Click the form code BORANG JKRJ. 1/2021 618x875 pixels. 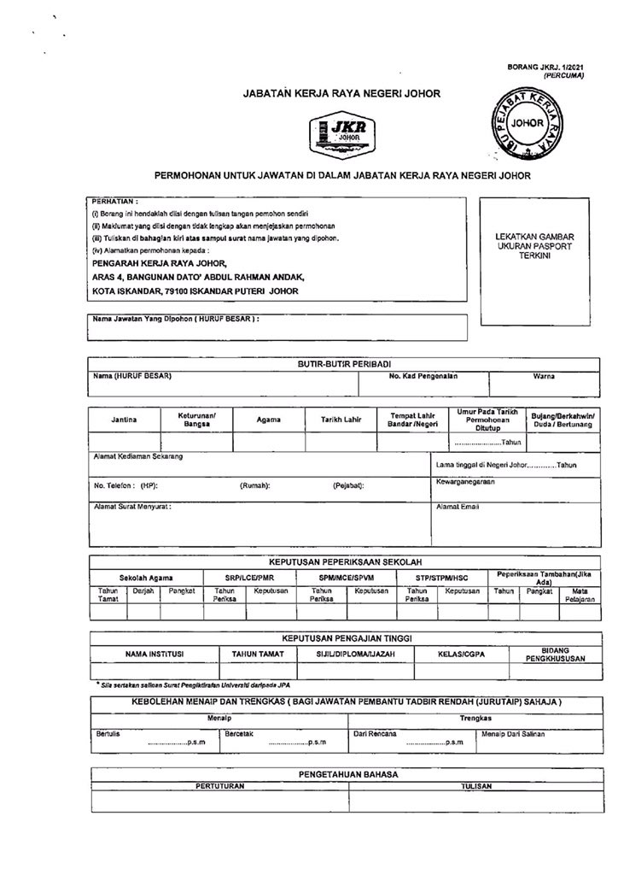point(545,66)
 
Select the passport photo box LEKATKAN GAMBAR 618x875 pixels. point(534,246)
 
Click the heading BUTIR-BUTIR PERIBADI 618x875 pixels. point(344,363)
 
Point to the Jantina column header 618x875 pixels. point(124,420)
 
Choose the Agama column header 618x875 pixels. point(268,420)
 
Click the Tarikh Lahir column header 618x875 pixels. point(341,420)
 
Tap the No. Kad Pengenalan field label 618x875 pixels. point(423,376)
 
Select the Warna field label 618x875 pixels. point(544,376)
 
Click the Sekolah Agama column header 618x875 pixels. point(146,578)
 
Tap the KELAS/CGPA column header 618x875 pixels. point(461,655)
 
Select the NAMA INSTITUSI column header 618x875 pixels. point(154,655)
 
